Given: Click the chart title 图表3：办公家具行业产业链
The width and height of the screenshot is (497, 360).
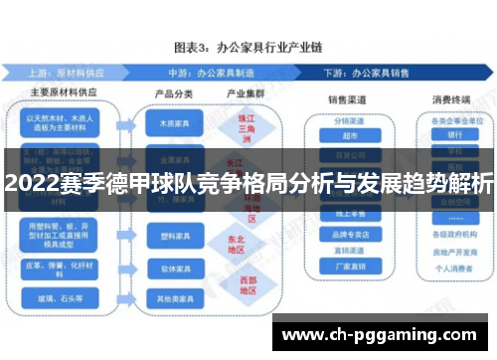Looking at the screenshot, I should [x=248, y=46].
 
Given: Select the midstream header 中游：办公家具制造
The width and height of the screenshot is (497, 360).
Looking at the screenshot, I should [x=223, y=73].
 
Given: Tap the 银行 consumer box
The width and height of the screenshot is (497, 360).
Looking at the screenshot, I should [x=455, y=135].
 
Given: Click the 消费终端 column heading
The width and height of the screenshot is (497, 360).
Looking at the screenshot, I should [x=450, y=98].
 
